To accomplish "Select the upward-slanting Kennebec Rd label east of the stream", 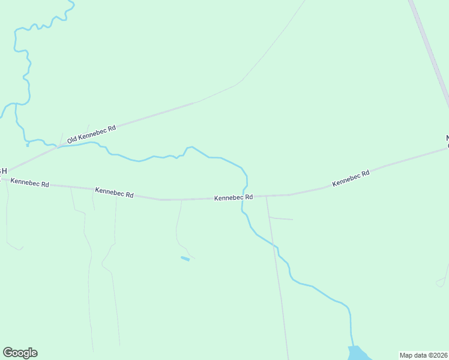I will (x=351, y=178).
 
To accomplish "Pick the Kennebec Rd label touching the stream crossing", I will (x=234, y=197).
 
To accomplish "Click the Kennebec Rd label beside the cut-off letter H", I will (x=30, y=182).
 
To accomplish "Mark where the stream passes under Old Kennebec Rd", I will (x=58, y=146).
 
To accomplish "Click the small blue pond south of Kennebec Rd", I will (x=185, y=259).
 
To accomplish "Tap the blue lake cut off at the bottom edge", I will (x=359, y=354).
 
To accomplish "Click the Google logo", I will (x=20, y=353).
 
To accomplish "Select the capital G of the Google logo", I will (x=8, y=353).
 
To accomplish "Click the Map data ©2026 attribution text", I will (x=423, y=355).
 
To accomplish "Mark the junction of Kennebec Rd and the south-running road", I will (x=267, y=196).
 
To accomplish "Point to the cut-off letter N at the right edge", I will (x=447, y=139).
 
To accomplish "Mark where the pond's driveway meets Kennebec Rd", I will (x=181, y=199).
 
